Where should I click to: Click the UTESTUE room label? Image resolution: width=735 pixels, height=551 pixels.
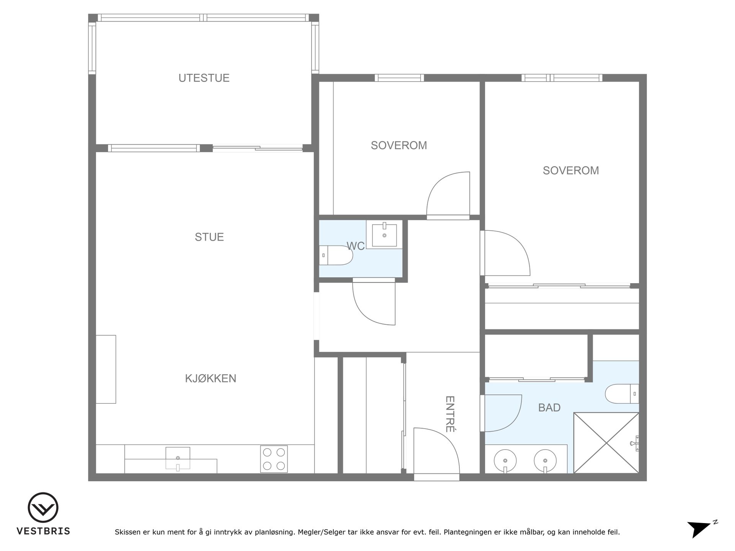tap(204, 78)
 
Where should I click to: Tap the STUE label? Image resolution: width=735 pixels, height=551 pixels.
tap(209, 237)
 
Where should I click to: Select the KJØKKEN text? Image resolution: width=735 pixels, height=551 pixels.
tap(211, 378)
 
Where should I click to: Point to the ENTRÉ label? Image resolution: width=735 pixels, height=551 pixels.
tap(450, 414)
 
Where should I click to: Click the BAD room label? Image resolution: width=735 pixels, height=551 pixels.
tap(549, 408)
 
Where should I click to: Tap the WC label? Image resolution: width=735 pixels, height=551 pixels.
tap(356, 246)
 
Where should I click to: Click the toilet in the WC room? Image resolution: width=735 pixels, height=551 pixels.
tap(336, 255)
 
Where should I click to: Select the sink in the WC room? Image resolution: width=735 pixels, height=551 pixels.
tap(384, 235)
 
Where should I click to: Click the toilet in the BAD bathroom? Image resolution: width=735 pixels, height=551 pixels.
tap(622, 394)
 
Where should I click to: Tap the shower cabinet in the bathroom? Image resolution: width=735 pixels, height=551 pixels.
tap(606, 443)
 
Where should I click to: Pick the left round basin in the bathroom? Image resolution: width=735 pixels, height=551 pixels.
tap(505, 460)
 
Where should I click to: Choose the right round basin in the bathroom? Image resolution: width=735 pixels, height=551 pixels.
tap(545, 460)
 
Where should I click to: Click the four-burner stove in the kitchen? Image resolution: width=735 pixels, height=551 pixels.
tap(274, 459)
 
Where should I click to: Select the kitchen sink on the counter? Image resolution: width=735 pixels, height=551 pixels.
tap(178, 458)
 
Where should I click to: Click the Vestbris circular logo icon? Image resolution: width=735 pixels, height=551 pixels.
tap(43, 508)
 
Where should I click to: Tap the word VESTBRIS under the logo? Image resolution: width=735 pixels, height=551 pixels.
tap(43, 531)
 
